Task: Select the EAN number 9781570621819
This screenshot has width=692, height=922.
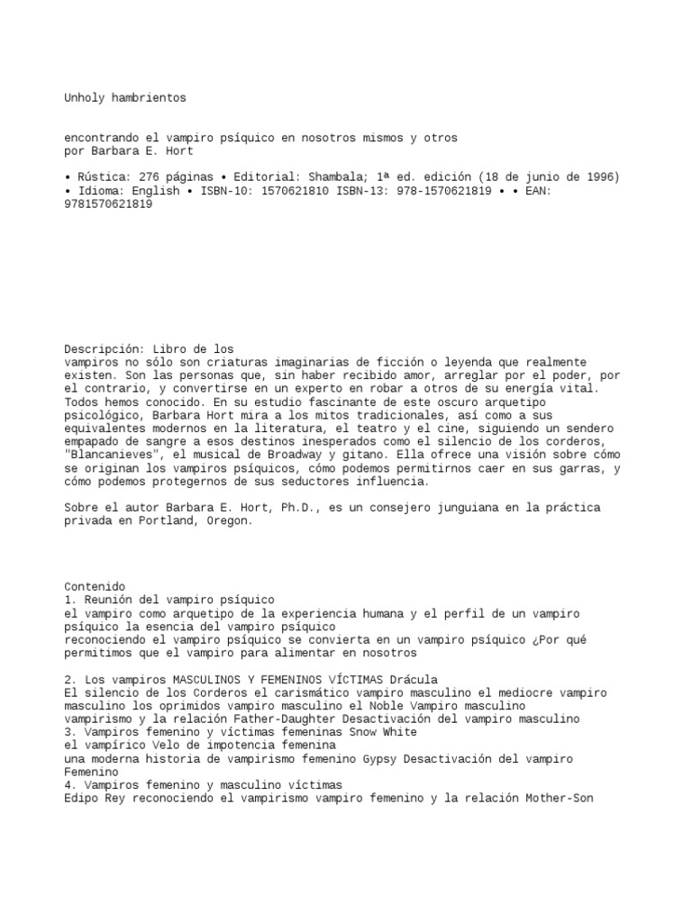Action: pyautogui.click(x=108, y=204)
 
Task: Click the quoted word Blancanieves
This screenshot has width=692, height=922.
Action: pyautogui.click(x=115, y=456)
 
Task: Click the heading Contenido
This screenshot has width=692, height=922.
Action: pyautogui.click(x=95, y=586)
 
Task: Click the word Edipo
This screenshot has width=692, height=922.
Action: pyautogui.click(x=81, y=798)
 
